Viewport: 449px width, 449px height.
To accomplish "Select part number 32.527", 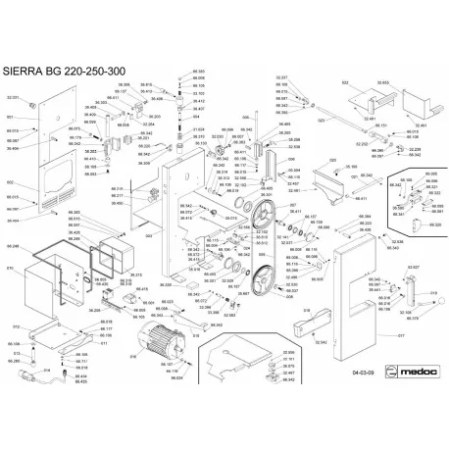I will tap(413, 266).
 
